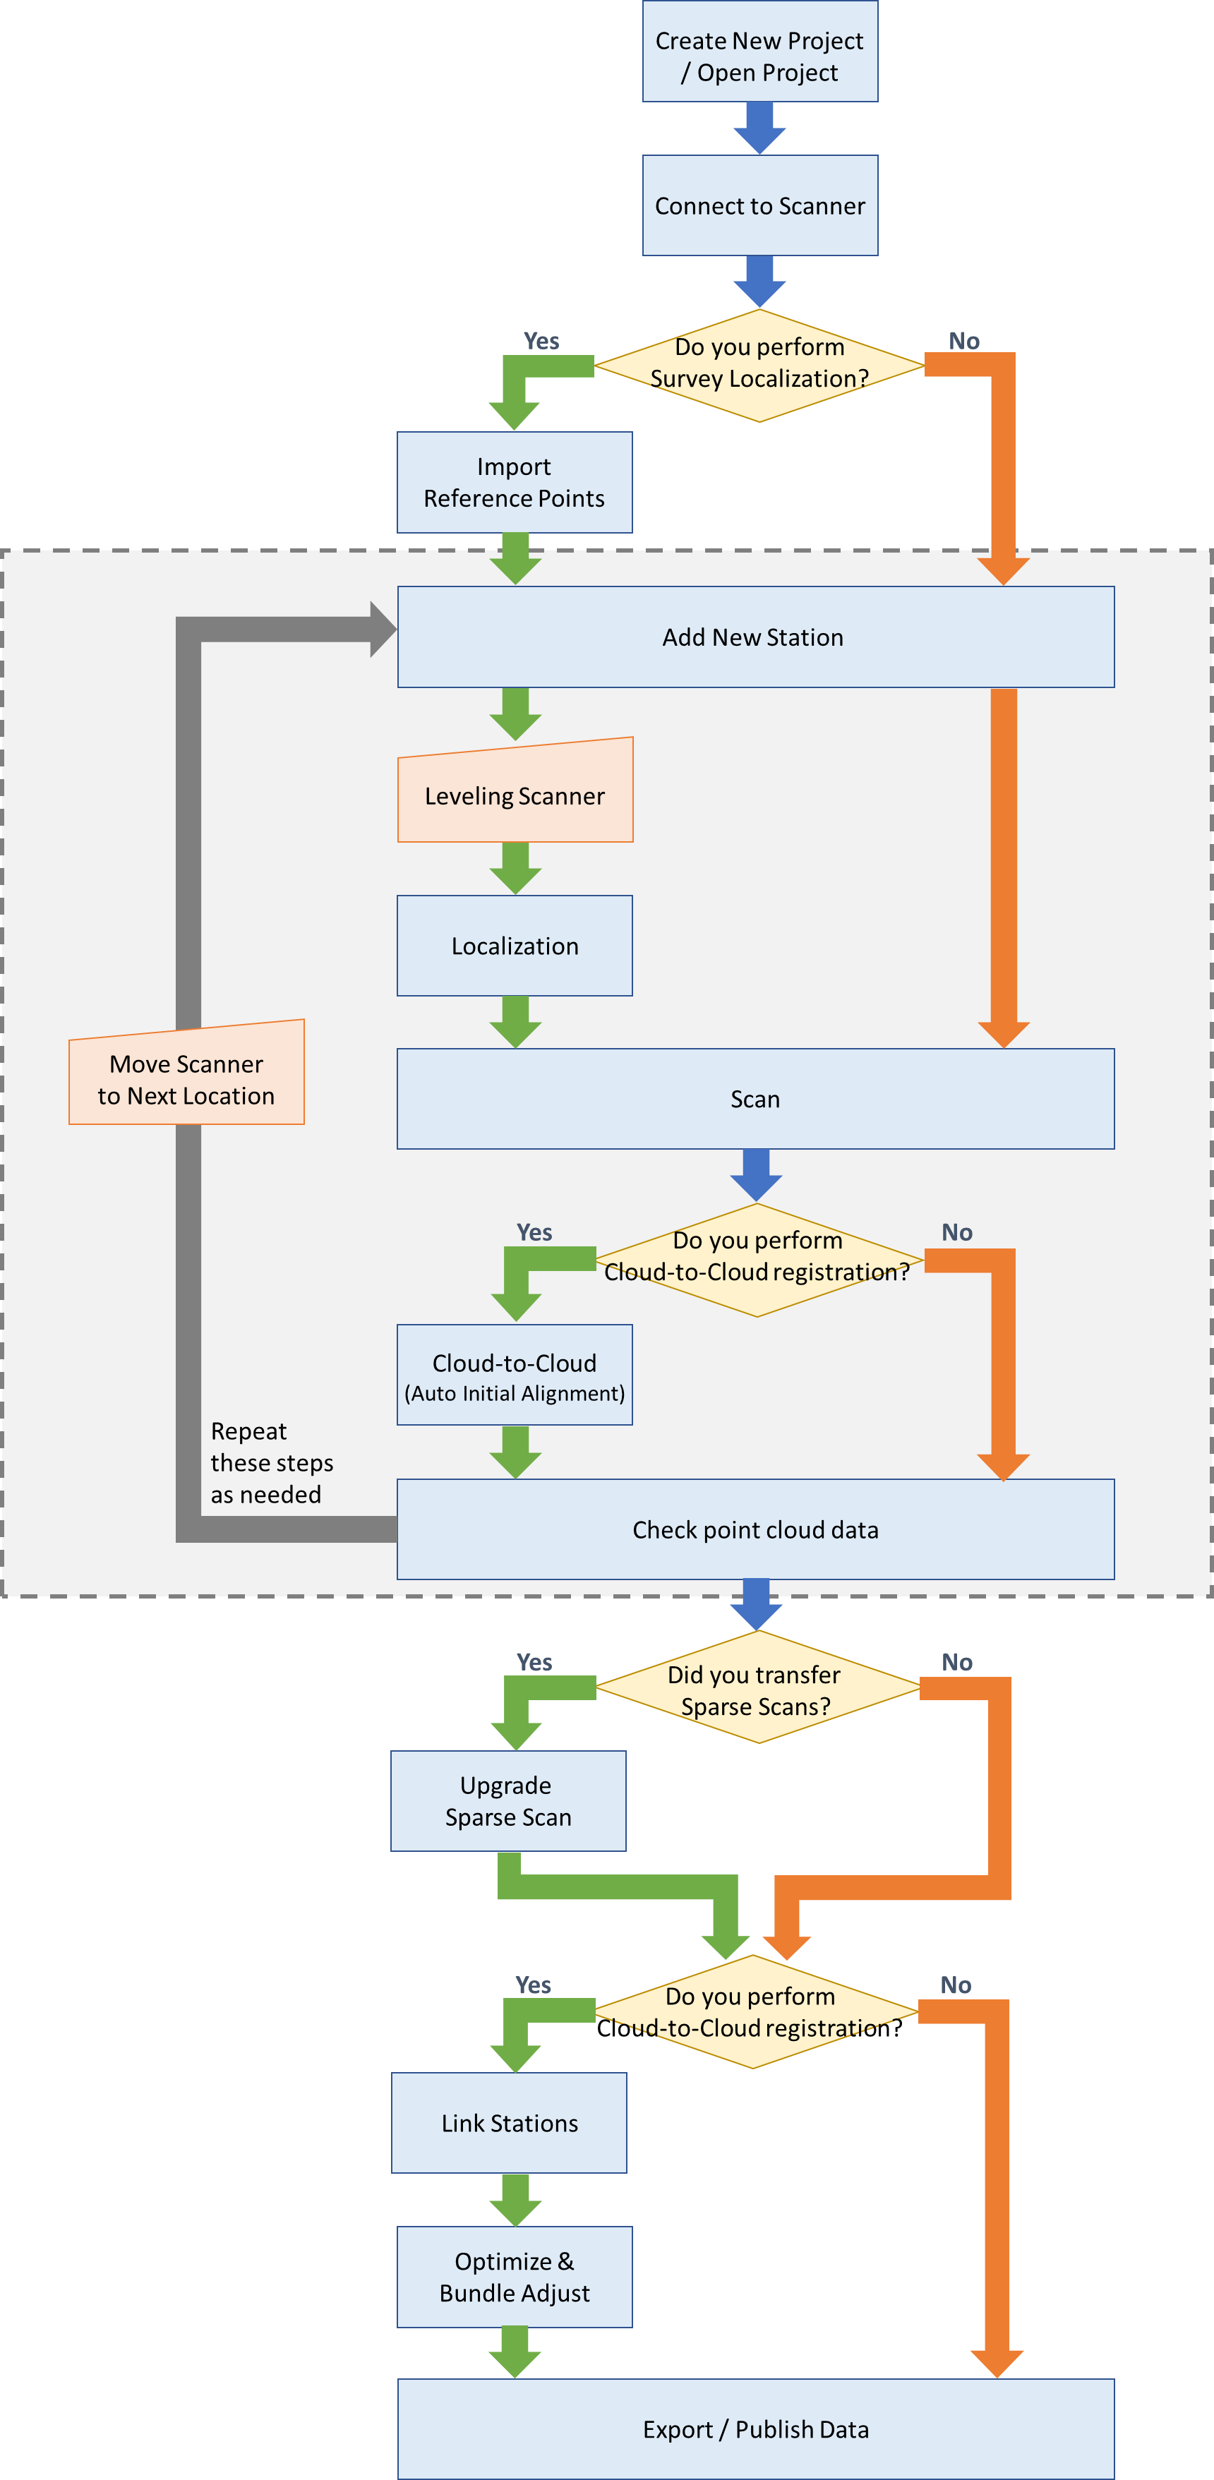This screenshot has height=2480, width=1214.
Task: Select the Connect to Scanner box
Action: point(759,205)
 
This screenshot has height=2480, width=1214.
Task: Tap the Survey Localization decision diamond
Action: point(759,365)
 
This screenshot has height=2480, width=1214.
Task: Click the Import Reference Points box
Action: point(514,482)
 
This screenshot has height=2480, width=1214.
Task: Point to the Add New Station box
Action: point(755,637)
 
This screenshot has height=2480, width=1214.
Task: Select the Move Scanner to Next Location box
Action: point(186,1078)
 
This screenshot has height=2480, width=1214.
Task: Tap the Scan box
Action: point(755,1098)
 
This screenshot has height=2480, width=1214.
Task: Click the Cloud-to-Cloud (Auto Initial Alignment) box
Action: point(514,1376)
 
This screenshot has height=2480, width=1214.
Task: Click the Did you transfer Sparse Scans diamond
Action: point(757,1689)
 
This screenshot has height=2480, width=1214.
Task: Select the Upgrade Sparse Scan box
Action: point(507,1800)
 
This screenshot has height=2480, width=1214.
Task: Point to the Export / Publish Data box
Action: point(755,2429)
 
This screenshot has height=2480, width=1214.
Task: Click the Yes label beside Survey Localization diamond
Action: point(541,341)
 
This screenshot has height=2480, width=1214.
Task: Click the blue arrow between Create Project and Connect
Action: point(759,127)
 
